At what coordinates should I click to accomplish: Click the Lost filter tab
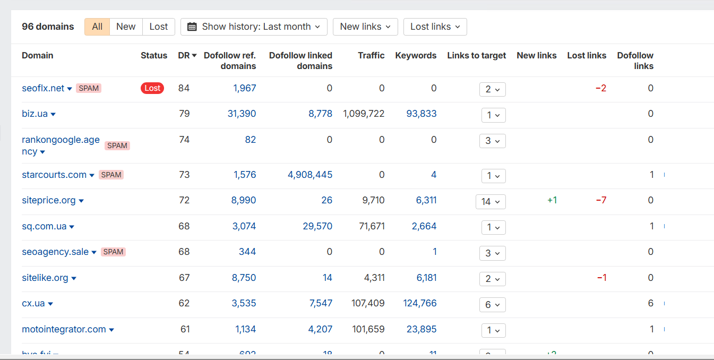pyautogui.click(x=158, y=27)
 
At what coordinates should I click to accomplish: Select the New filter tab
pyautogui.click(x=126, y=27)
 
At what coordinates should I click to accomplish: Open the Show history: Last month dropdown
pyautogui.click(x=254, y=27)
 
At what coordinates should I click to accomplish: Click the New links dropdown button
pyautogui.click(x=365, y=27)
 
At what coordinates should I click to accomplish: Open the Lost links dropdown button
pyautogui.click(x=435, y=27)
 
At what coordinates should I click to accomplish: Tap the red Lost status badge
pyautogui.click(x=152, y=88)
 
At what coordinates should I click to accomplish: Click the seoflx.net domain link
pyautogui.click(x=43, y=88)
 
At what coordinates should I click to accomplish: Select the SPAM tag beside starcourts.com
pyautogui.click(x=111, y=175)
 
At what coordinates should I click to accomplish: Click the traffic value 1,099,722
pyautogui.click(x=364, y=114)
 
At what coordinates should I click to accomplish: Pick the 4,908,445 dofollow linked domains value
pyautogui.click(x=310, y=175)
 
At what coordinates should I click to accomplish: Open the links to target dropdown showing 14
pyautogui.click(x=491, y=202)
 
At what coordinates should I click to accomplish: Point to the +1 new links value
pyautogui.click(x=552, y=200)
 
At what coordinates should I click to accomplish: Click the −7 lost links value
pyautogui.click(x=600, y=200)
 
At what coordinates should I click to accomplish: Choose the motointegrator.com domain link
pyautogui.click(x=64, y=329)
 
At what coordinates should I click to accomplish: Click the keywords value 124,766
pyautogui.click(x=419, y=303)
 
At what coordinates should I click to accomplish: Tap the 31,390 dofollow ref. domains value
pyautogui.click(x=242, y=114)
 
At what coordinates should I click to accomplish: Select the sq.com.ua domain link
pyautogui.click(x=44, y=226)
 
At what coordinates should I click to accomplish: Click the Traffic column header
pyautogui.click(x=371, y=55)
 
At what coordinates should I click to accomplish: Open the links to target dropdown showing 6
pyautogui.click(x=492, y=305)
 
